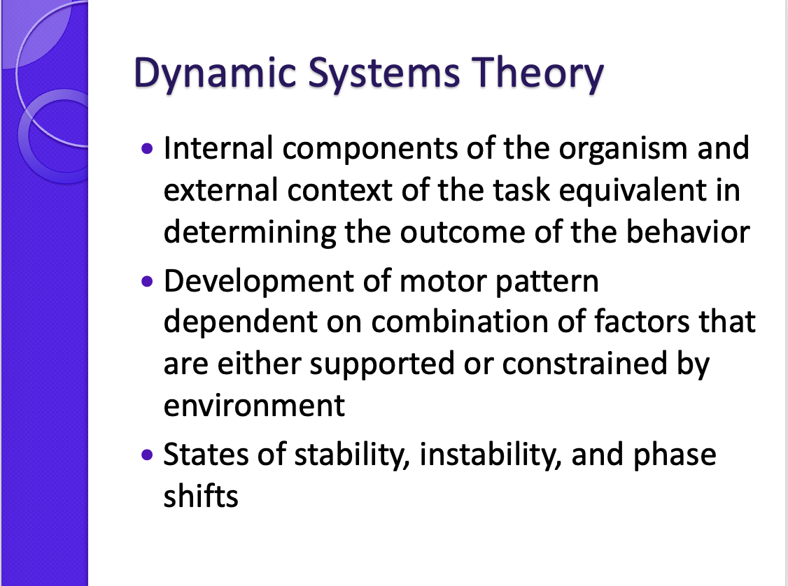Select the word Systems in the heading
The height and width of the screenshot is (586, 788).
[x=384, y=73]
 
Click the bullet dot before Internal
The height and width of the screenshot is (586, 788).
[x=147, y=149]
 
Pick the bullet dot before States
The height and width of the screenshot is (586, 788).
[x=147, y=455]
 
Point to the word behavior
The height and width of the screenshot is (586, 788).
[x=687, y=232]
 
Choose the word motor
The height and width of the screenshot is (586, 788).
[x=443, y=282]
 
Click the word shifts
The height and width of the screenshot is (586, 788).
[x=201, y=496]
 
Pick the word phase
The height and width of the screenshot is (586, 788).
[x=675, y=456]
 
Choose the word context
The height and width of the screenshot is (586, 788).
[x=340, y=192]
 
